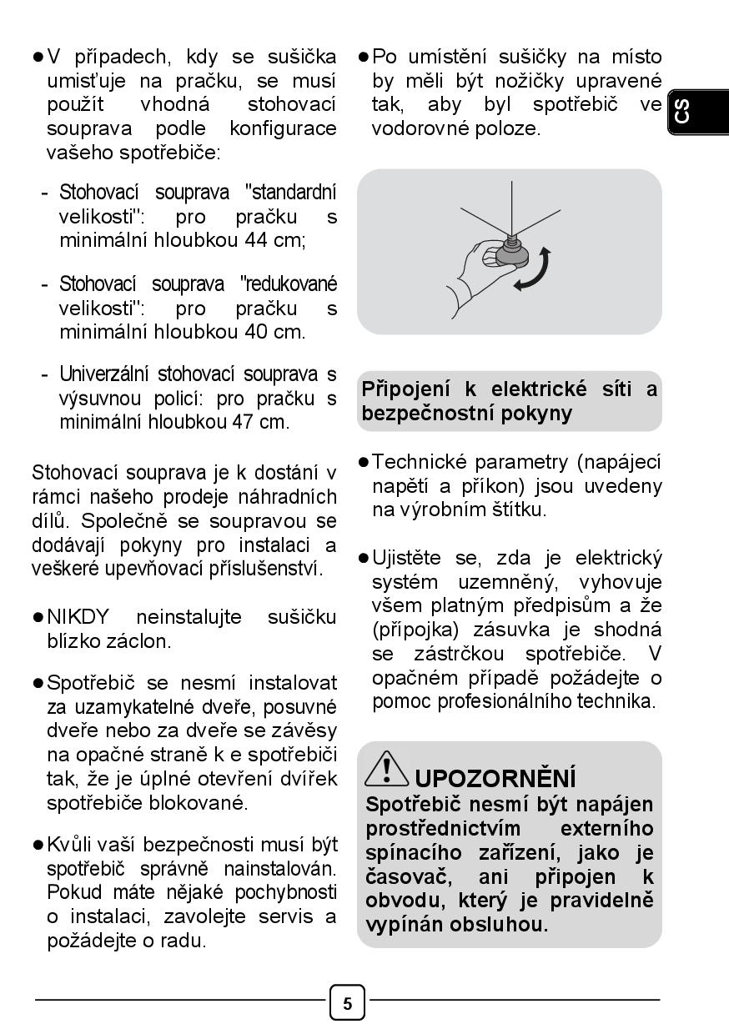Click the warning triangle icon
(386, 767)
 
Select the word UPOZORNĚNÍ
(495, 779)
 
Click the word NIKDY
(78, 618)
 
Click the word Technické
(424, 462)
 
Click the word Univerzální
(104, 374)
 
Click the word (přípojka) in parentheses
(411, 630)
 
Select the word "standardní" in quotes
(291, 193)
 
